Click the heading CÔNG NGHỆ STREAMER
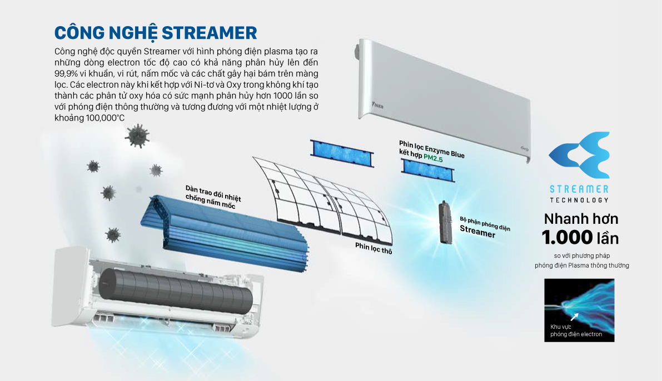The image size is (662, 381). tap(156, 32)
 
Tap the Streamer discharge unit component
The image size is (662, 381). tap(444, 222)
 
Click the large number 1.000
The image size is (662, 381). tap(567, 238)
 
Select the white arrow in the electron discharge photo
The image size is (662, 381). tap(574, 316)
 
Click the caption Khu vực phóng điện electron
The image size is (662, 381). tap(576, 330)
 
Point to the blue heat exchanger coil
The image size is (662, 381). tap(222, 228)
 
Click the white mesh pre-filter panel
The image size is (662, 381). tap(322, 197)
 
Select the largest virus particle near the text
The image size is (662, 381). tap(137, 134)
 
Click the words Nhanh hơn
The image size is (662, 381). tap(581, 219)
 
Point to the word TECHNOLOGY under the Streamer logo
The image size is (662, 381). tap(579, 200)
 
